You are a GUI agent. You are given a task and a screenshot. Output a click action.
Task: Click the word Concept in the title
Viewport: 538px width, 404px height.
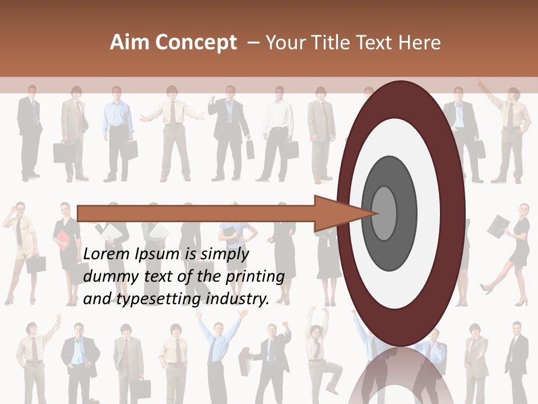tap(196, 43)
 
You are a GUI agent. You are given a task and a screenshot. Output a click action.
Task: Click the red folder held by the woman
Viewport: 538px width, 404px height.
tap(61, 240)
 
